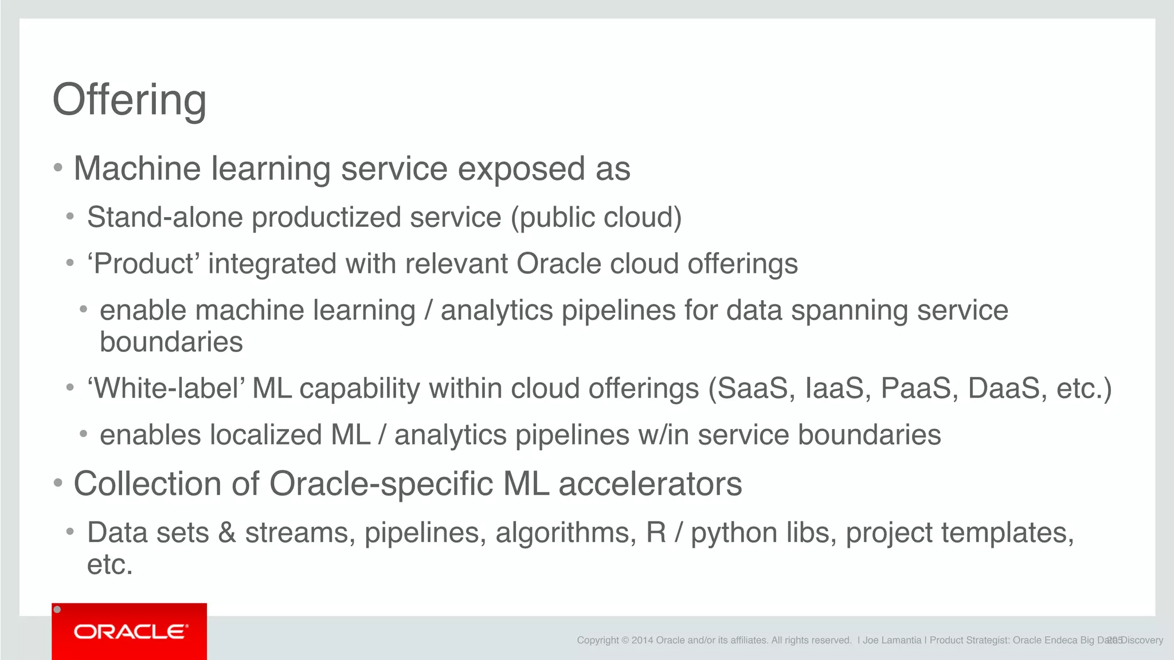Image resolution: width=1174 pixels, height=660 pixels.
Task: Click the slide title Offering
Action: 130,100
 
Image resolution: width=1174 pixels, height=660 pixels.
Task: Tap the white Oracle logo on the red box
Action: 130,631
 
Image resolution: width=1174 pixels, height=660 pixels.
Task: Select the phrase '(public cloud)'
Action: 596,218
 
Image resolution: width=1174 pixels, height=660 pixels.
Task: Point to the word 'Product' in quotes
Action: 143,264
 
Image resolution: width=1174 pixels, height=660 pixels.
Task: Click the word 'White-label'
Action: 166,388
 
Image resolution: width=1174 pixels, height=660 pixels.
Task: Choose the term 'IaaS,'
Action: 839,388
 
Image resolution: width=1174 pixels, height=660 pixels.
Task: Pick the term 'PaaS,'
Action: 919,388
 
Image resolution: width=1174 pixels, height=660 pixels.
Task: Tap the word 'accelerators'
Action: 650,484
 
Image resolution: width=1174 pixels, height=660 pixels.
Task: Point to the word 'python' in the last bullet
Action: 734,533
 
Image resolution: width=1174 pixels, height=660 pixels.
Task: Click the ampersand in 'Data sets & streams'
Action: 227,533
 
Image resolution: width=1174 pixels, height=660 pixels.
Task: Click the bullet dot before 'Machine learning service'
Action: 58,168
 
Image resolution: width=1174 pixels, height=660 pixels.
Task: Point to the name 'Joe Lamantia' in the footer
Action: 892,641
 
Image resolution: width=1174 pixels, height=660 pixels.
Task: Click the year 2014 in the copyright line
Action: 642,641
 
